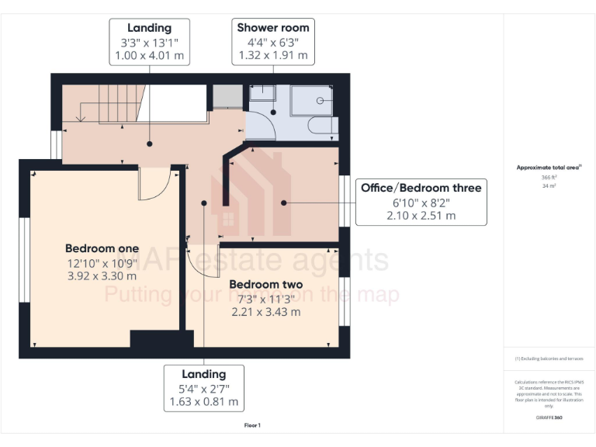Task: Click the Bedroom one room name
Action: (x=102, y=248)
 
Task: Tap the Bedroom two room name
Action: (x=265, y=284)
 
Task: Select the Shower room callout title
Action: (x=272, y=28)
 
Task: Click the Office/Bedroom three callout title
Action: (x=421, y=188)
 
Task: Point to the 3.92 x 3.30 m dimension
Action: (x=102, y=276)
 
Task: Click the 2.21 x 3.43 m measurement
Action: (x=265, y=312)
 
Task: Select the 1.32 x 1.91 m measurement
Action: (x=272, y=55)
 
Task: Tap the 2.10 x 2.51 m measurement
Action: (x=421, y=215)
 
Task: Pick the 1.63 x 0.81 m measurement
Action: (x=204, y=402)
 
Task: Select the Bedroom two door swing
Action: (x=199, y=261)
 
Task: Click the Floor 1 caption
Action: (x=252, y=425)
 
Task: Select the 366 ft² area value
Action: (x=548, y=177)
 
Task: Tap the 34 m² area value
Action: (x=548, y=185)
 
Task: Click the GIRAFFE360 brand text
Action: (x=548, y=418)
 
